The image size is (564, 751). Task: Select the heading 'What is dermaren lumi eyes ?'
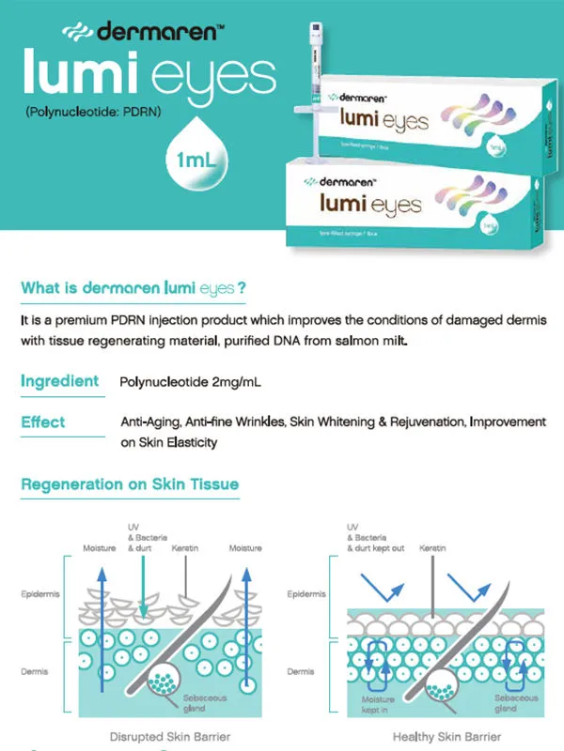coord(133,287)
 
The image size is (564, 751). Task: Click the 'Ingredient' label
coord(59,381)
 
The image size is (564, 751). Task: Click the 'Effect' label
coord(43,422)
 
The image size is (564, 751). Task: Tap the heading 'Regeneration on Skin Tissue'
coord(130,484)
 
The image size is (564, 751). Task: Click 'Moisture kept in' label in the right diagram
coord(379,704)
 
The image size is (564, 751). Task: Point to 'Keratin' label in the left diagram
coord(184,547)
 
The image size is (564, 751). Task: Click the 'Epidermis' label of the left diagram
coord(41,594)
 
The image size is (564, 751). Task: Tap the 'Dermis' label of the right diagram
coord(301,672)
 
